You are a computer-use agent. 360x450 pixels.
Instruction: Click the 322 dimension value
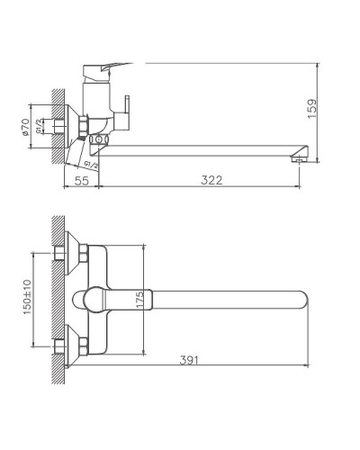[x=210, y=180]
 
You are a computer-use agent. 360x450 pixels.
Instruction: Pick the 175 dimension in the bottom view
[x=139, y=299]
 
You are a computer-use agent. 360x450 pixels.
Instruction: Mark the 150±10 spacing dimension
[x=28, y=297]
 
